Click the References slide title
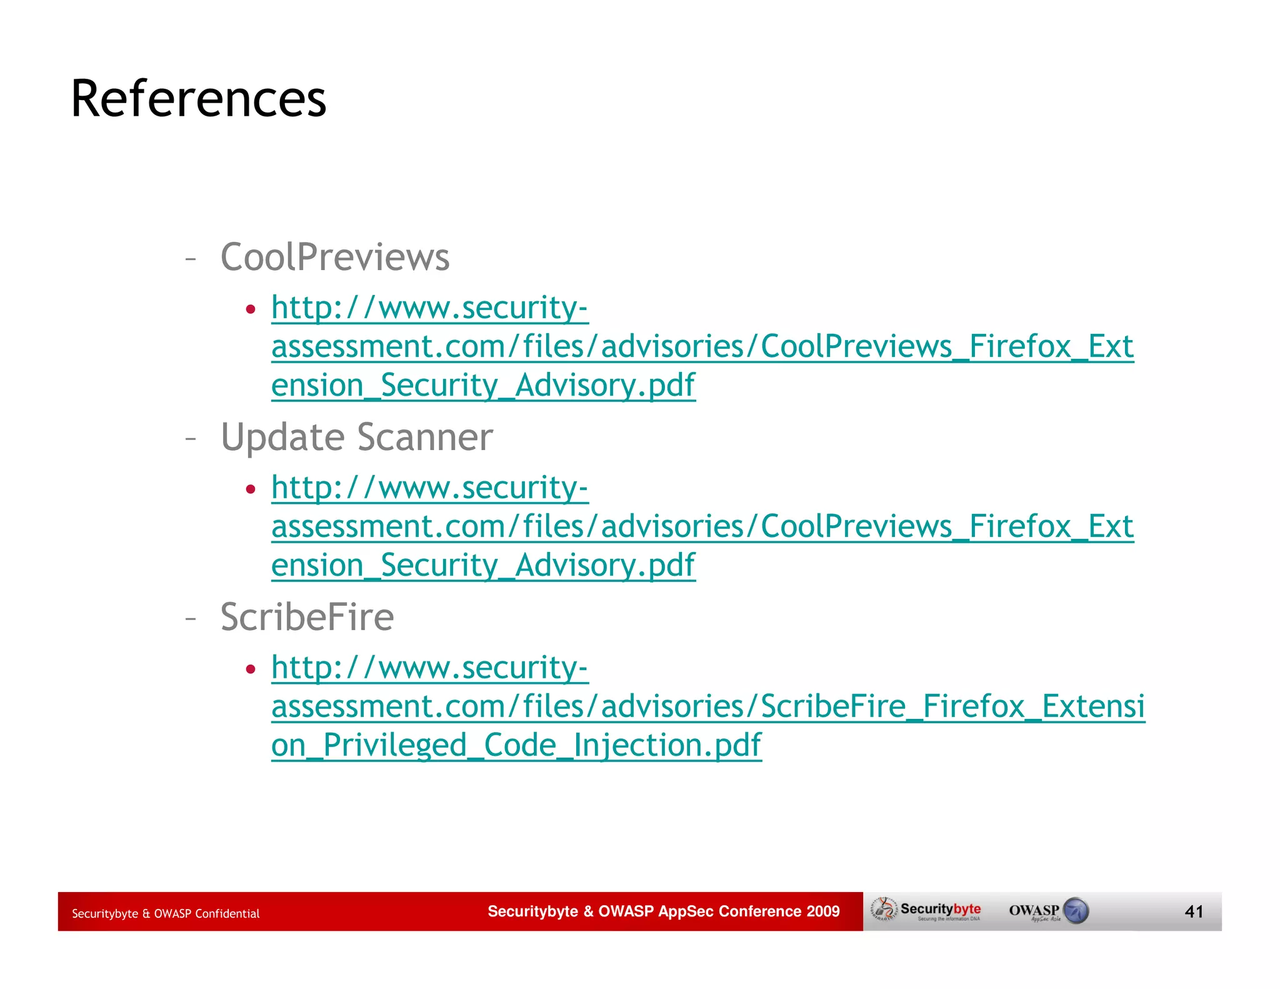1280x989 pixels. coord(199,99)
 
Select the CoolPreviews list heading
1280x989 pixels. coord(335,257)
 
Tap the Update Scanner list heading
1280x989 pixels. coord(356,437)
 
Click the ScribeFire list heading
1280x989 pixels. coord(307,617)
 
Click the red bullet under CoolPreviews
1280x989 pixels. coord(251,309)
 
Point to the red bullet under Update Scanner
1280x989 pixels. coord(251,489)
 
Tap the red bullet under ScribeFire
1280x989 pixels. coord(251,669)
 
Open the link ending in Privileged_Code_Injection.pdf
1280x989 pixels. coord(516,745)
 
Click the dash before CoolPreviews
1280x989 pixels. coord(191,258)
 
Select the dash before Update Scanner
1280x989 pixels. coord(191,438)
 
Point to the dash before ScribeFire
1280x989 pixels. coord(191,618)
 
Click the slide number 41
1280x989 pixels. coord(1194,911)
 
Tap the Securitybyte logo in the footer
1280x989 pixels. coord(927,910)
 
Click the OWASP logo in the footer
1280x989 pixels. coord(1048,911)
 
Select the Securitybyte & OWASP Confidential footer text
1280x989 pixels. coord(166,913)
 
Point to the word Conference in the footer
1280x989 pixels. coord(759,911)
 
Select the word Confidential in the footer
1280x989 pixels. coord(227,913)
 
